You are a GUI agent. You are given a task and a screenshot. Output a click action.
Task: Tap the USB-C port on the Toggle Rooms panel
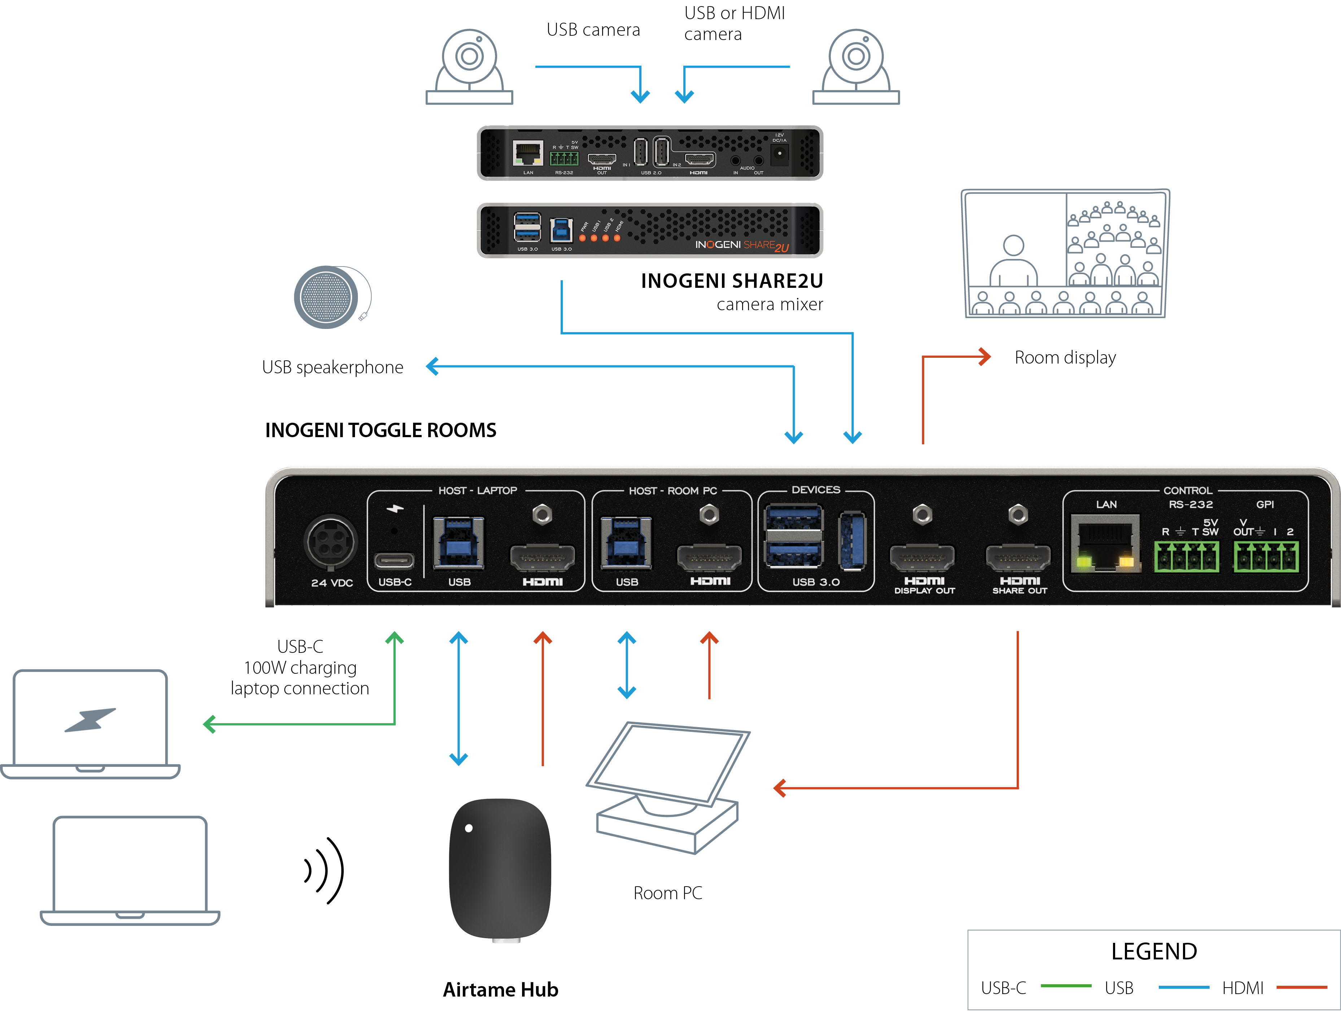click(394, 560)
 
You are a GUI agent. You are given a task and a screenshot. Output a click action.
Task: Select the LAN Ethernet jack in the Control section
click(1105, 544)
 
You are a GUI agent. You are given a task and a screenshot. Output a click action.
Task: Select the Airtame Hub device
click(500, 870)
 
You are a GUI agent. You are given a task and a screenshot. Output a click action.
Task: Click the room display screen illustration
click(1065, 253)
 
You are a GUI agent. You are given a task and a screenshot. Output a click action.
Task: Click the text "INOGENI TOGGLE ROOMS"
click(380, 430)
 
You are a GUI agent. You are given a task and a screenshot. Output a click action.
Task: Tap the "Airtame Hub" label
click(500, 989)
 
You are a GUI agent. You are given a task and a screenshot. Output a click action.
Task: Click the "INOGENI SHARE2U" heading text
click(732, 281)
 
